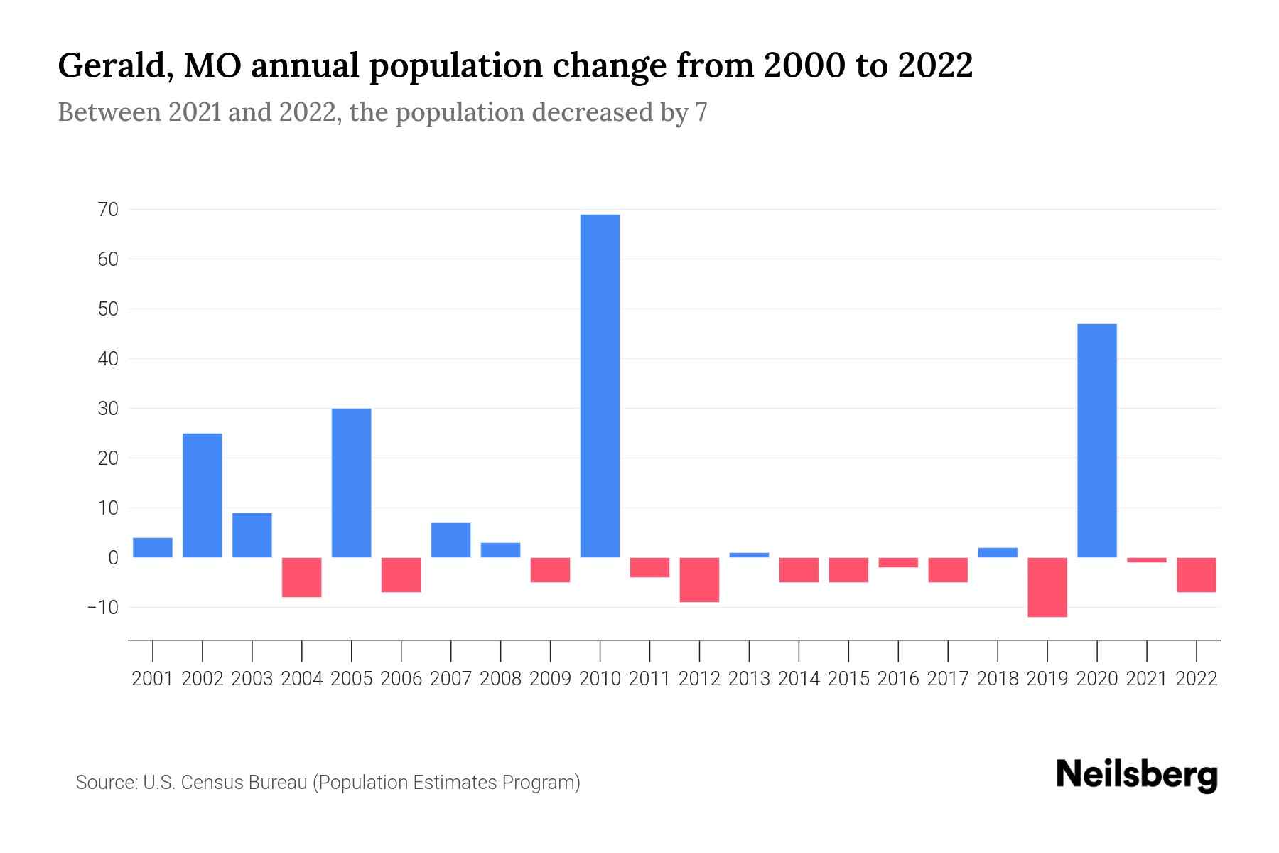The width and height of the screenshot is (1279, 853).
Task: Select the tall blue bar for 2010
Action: pos(600,386)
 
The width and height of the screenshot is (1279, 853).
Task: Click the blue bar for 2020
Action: pos(1097,441)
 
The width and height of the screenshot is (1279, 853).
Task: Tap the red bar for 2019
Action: pos(1047,587)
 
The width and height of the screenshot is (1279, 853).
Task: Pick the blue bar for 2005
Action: pos(352,483)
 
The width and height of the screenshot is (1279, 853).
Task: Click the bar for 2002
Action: pos(203,495)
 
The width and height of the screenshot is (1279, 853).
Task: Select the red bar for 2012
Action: pos(699,580)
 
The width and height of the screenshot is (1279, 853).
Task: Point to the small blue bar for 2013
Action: pos(749,555)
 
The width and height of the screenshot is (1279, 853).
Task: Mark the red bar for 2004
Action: pos(302,577)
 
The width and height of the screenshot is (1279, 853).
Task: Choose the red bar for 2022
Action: pos(1197,575)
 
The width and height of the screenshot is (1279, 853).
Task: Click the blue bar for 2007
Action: pos(451,540)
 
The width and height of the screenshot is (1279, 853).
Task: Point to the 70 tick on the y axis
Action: pos(109,210)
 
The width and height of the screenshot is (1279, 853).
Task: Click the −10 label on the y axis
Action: pos(102,608)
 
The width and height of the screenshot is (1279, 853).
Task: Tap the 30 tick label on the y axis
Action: pos(109,409)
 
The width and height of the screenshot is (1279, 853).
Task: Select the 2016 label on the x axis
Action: pos(898,679)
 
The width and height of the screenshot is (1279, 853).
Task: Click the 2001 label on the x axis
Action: pos(153,679)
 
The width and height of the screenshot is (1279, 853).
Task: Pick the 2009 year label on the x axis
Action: pos(551,679)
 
